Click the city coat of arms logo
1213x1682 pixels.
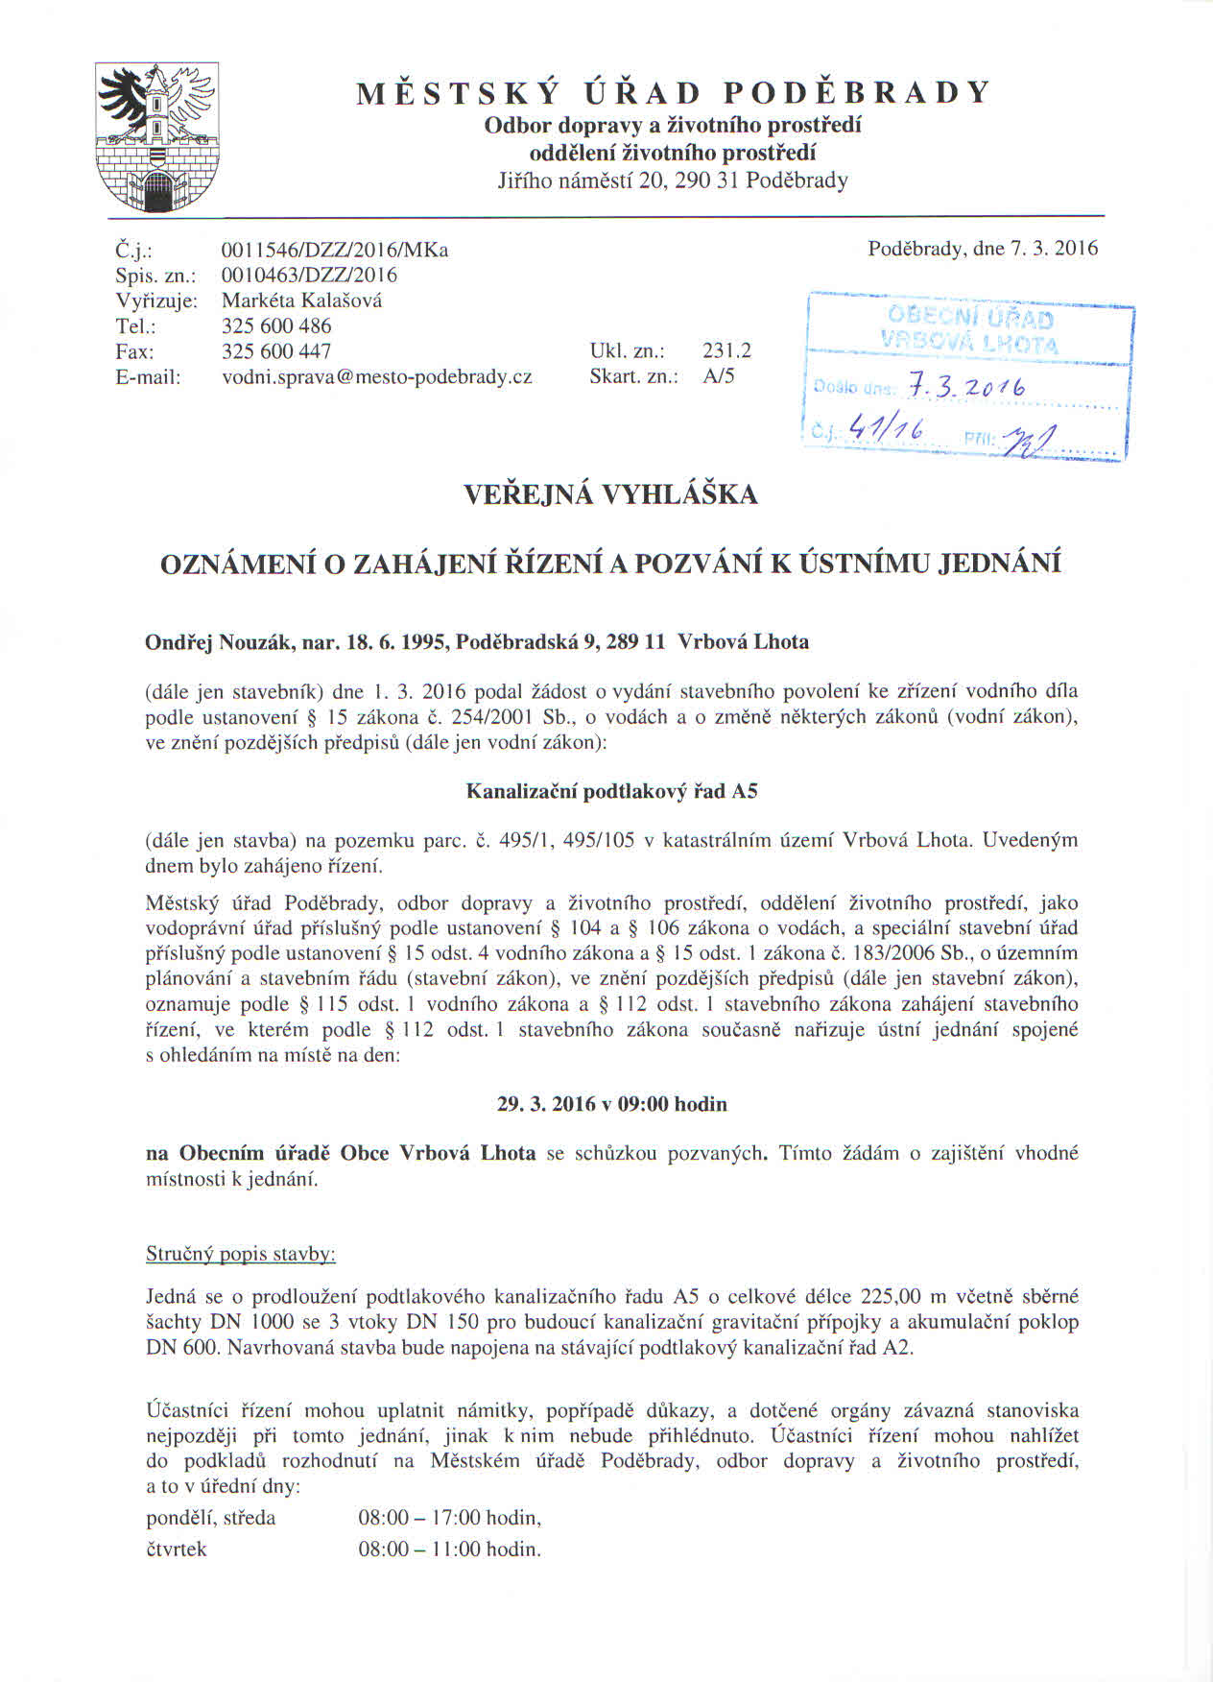(157, 138)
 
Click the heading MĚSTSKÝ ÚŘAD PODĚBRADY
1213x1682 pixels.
(673, 93)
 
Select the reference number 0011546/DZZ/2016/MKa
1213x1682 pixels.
(335, 251)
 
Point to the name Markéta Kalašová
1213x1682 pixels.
(301, 300)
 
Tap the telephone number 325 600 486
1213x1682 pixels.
(276, 326)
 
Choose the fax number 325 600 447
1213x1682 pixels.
(276, 351)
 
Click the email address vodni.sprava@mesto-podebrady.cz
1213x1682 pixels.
(376, 377)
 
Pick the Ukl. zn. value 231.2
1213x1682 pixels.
(726, 351)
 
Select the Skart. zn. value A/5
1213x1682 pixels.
(718, 376)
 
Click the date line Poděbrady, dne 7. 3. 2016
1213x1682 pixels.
(982, 249)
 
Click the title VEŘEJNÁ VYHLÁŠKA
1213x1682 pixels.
(611, 495)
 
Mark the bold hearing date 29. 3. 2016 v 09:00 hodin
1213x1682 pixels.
(611, 1104)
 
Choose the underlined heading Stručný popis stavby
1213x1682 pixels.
(240, 1254)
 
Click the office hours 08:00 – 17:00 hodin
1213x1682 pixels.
(449, 1518)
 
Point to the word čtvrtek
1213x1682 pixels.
(176, 1550)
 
